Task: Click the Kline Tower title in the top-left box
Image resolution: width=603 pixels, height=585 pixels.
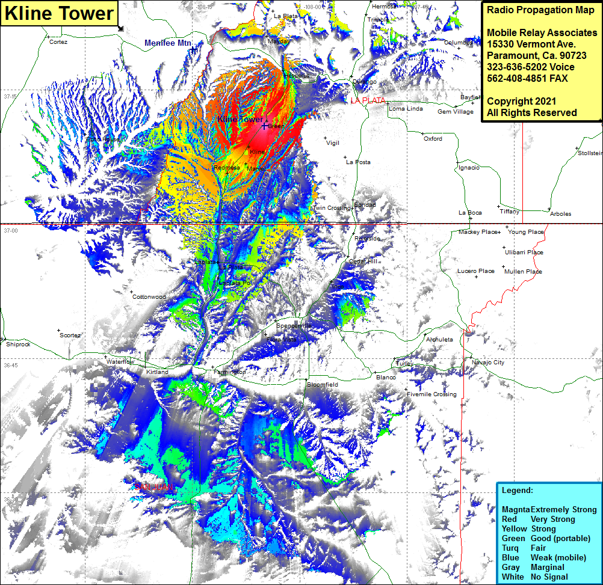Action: click(60, 13)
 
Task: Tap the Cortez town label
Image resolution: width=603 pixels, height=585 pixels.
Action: click(58, 42)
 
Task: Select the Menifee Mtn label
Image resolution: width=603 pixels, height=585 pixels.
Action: click(168, 43)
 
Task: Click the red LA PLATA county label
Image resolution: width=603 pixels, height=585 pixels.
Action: click(368, 100)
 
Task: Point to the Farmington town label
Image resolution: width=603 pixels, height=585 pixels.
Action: click(229, 372)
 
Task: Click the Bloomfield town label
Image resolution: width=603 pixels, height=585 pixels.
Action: click(323, 384)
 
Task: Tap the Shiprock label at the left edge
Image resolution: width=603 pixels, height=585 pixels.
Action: click(18, 345)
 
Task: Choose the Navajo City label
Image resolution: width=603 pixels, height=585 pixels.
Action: click(488, 363)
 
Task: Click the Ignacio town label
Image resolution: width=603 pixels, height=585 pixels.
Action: click(469, 168)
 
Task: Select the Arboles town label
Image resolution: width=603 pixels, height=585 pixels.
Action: click(560, 214)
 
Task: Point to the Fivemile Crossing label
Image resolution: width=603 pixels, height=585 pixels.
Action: click(431, 394)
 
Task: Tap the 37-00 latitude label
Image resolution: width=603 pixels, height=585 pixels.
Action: click(11, 231)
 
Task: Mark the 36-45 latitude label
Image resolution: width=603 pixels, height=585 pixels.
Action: click(11, 366)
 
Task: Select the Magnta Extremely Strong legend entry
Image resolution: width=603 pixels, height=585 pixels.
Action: click(549, 509)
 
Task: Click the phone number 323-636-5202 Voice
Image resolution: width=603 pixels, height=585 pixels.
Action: click(530, 67)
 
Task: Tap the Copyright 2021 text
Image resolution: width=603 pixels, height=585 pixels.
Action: click(521, 101)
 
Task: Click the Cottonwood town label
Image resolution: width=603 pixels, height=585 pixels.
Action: click(149, 297)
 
